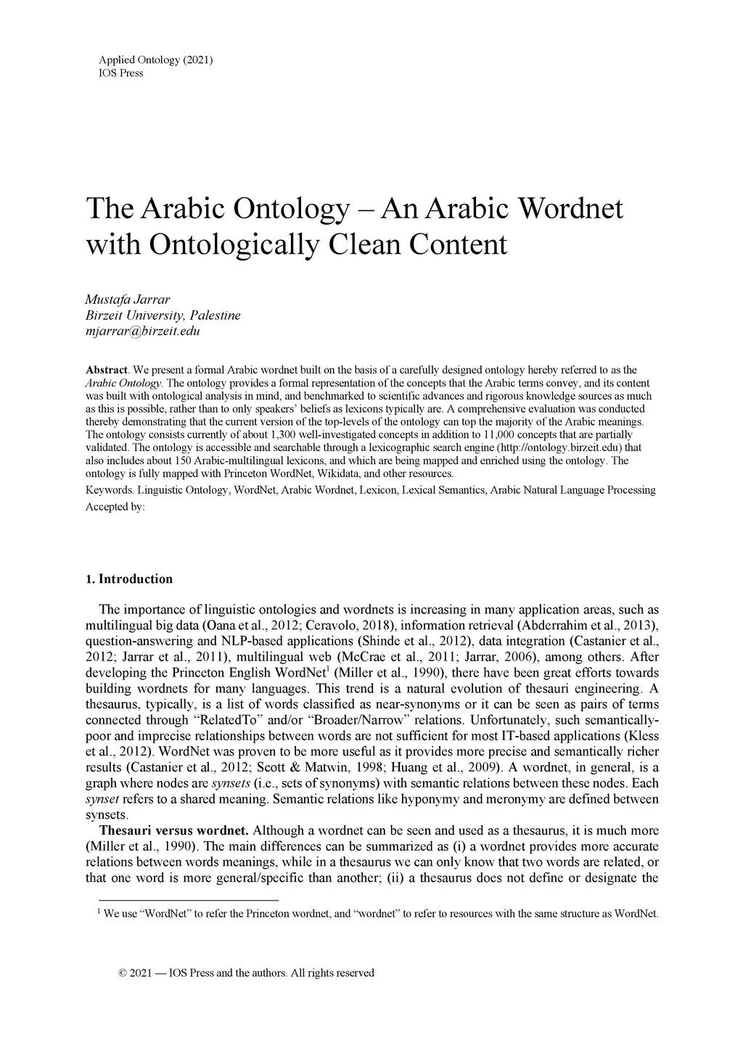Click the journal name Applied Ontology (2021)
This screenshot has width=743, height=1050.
(x=155, y=60)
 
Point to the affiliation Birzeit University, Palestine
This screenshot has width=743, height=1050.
(x=163, y=315)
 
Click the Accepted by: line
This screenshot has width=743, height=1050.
(x=115, y=507)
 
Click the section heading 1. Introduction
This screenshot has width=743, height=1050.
(x=129, y=579)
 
